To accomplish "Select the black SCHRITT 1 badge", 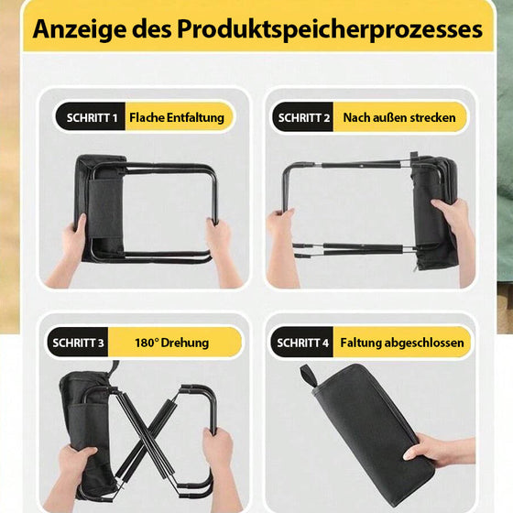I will (x=89, y=117).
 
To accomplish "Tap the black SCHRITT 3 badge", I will (x=78, y=343).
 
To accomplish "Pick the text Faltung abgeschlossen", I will (x=402, y=343).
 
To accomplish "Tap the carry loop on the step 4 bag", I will (x=308, y=377).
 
